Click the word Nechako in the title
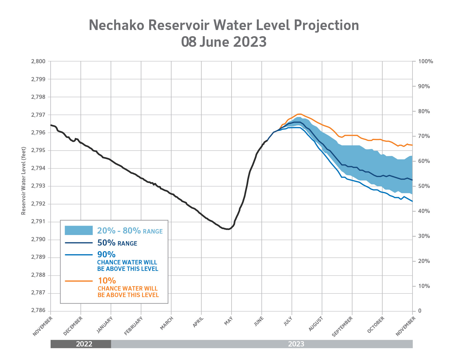click(x=116, y=25)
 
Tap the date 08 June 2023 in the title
click(x=224, y=42)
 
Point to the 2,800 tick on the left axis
click(x=38, y=61)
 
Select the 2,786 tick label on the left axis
click(x=38, y=311)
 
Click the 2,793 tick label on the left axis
click(x=38, y=186)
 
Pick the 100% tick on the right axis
click(x=426, y=61)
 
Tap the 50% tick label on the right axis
click(x=424, y=186)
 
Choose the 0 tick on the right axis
click(x=420, y=311)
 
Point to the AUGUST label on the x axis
click(x=316, y=324)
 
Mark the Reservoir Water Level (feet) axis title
click(x=24, y=181)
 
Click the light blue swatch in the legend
click(x=79, y=230)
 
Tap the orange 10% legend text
click(x=107, y=281)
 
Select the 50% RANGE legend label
click(x=117, y=243)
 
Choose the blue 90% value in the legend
click(x=106, y=254)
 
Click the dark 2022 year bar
click(x=81, y=344)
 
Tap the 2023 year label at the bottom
click(x=296, y=344)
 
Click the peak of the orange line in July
click(x=300, y=114)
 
